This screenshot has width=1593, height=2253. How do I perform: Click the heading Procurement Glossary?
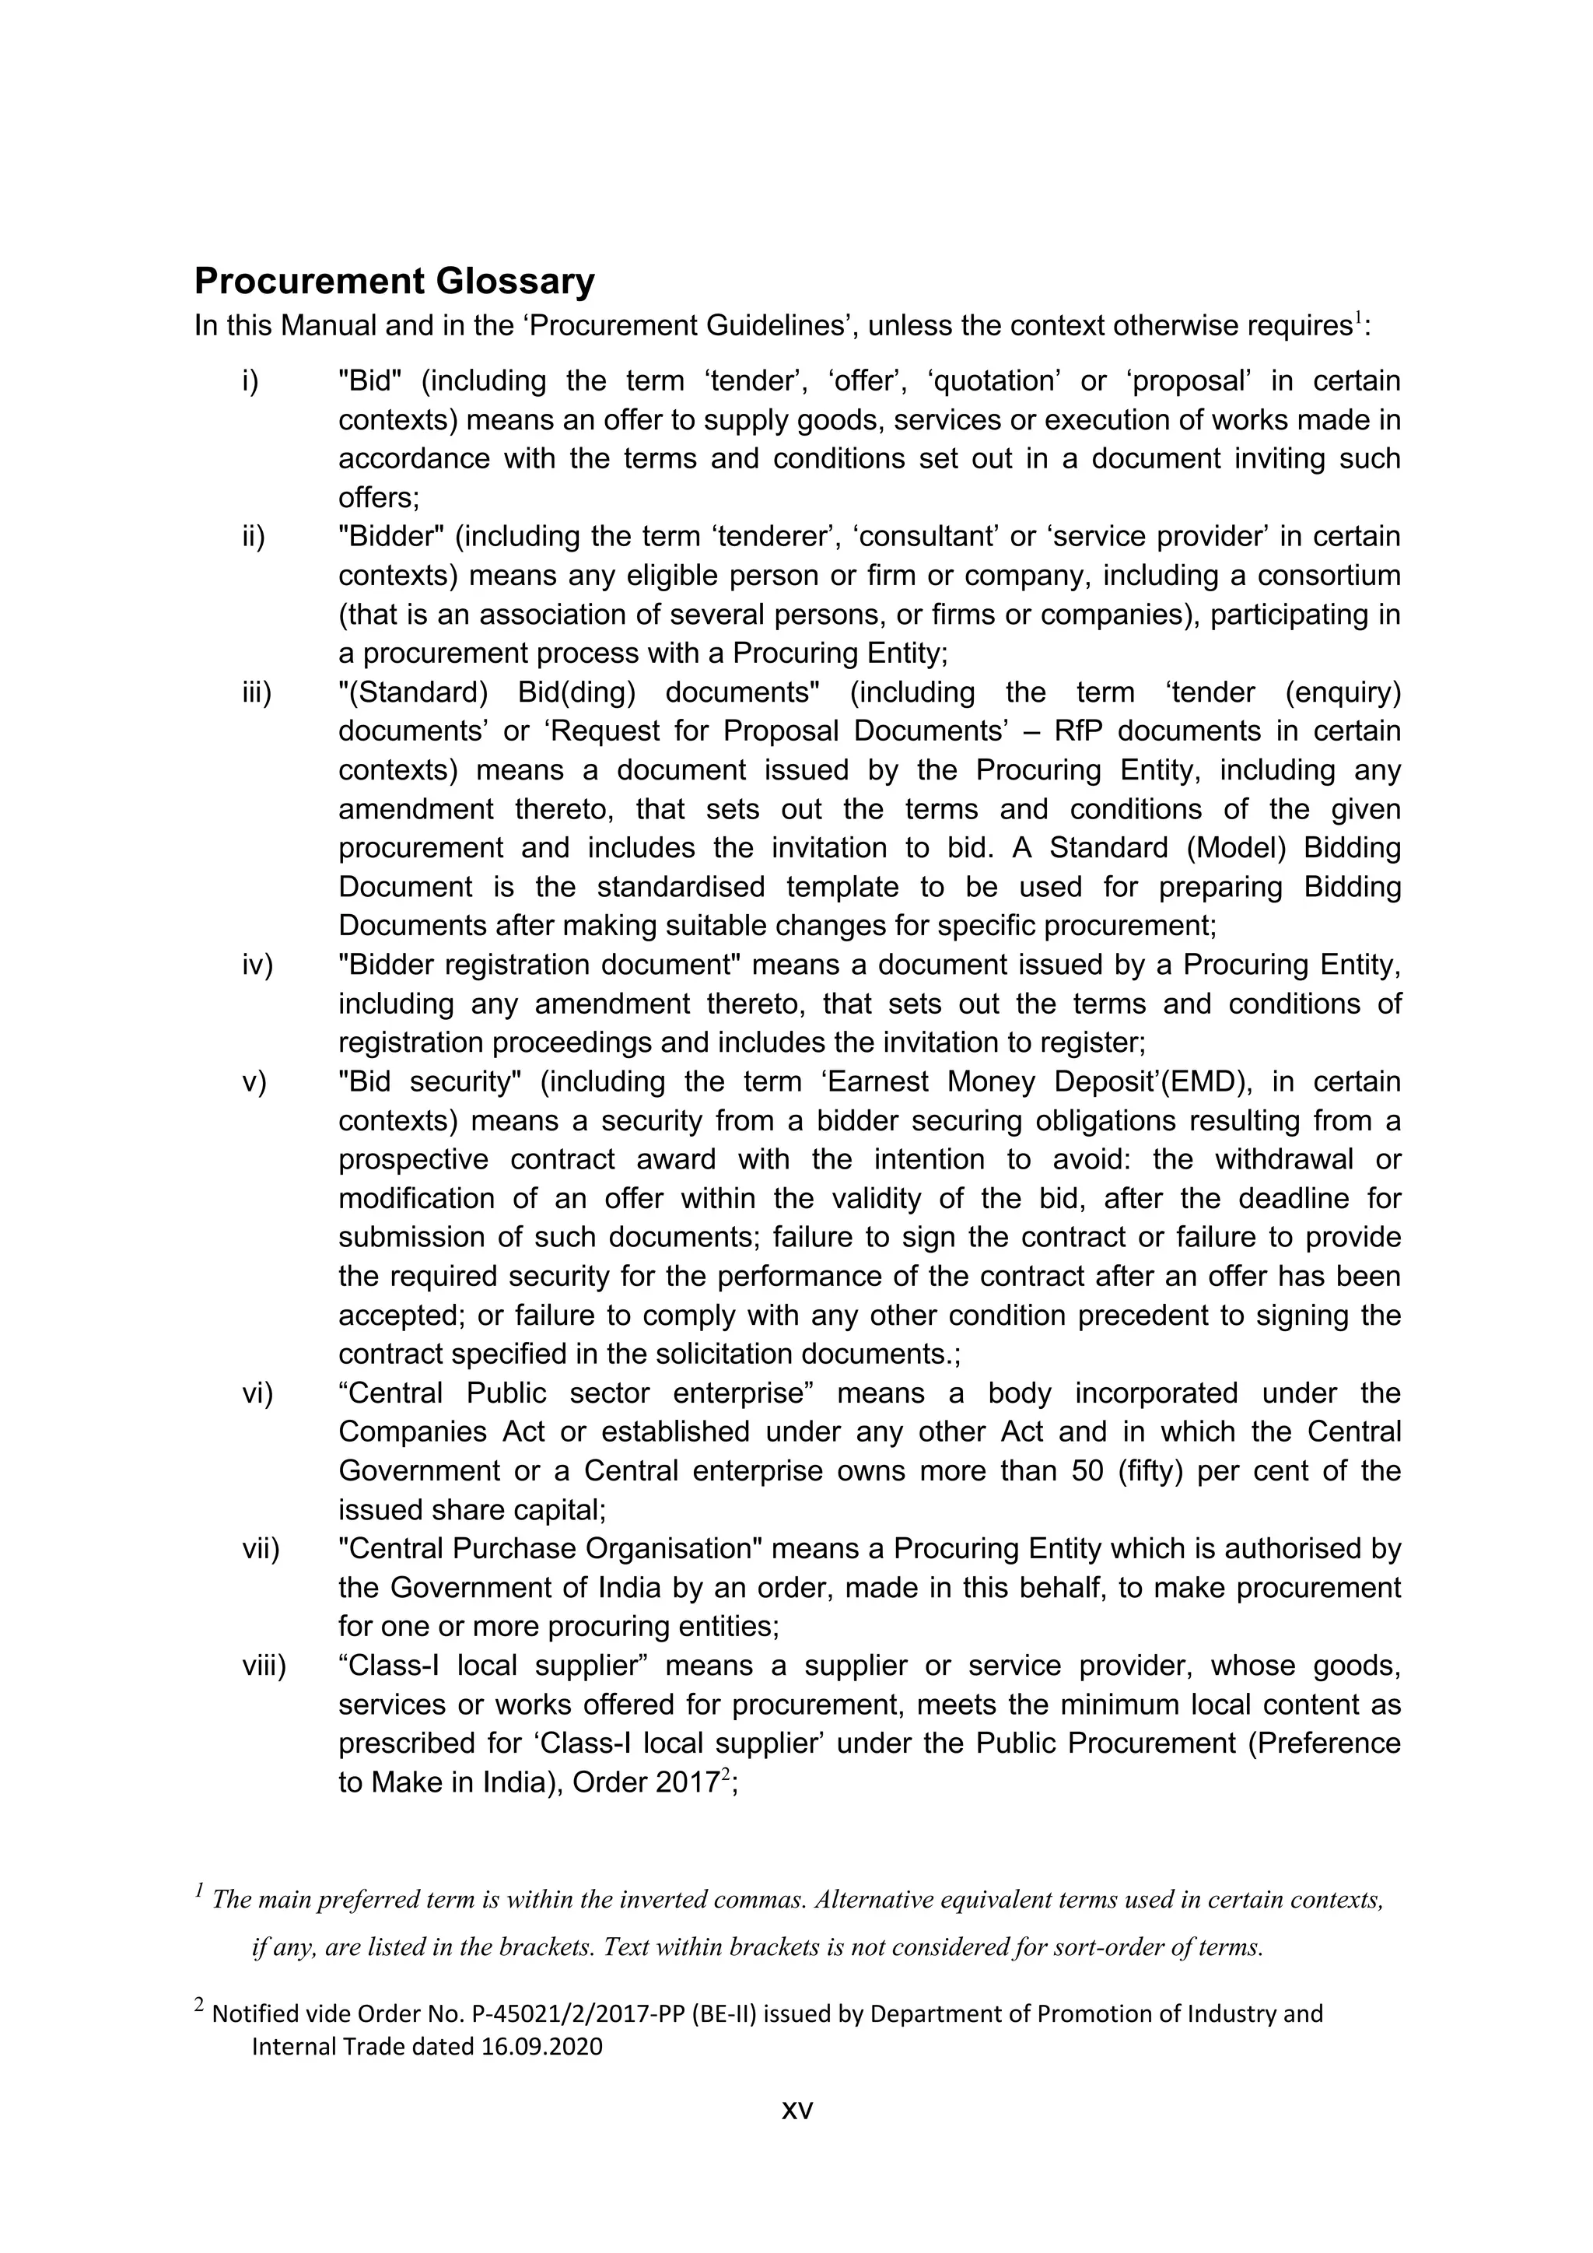(x=394, y=282)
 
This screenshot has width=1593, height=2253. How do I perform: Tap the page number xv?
(x=796, y=2109)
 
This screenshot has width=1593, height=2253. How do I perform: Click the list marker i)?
(x=250, y=380)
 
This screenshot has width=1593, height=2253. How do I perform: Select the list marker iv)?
(x=257, y=965)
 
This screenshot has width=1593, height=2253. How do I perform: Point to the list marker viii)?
(x=264, y=1665)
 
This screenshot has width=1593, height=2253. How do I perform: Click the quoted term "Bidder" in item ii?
(x=391, y=537)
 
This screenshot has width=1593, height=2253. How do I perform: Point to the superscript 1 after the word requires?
(x=1359, y=317)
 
